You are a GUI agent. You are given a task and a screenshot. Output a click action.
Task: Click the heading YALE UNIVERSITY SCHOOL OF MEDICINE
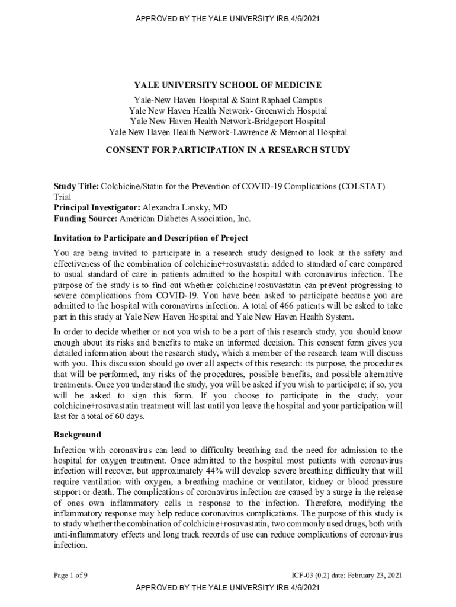click(x=227, y=85)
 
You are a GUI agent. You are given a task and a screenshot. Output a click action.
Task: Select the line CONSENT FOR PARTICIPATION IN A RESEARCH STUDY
click(x=227, y=150)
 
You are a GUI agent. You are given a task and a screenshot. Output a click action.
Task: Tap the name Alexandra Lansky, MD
click(x=185, y=207)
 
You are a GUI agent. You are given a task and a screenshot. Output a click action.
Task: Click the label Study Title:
click(x=76, y=186)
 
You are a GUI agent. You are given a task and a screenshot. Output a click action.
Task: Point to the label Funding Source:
click(x=86, y=218)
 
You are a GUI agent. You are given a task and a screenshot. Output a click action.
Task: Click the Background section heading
click(x=78, y=435)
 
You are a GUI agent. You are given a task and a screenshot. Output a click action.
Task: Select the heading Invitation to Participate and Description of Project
click(x=151, y=238)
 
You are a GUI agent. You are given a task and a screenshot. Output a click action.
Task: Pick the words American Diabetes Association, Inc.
click(x=185, y=218)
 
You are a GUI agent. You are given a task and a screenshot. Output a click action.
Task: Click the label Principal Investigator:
click(x=97, y=207)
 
